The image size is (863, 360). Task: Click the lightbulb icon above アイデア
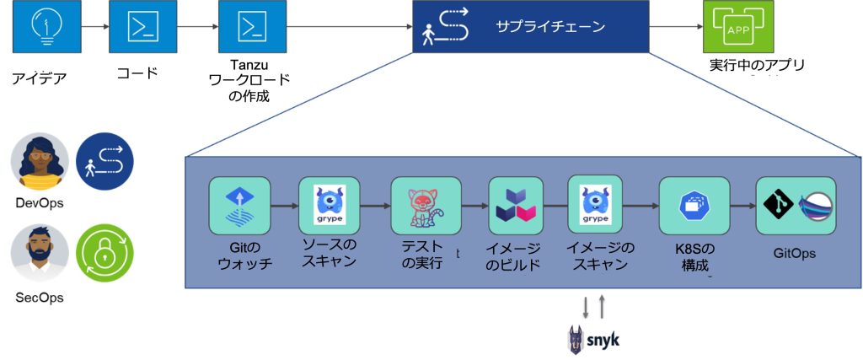click(x=40, y=26)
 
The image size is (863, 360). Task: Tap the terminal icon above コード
click(x=137, y=26)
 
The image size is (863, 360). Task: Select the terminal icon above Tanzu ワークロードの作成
click(x=247, y=26)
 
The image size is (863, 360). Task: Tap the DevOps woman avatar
click(x=39, y=161)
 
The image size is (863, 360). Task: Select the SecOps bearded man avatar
click(x=39, y=252)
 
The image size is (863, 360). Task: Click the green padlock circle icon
click(x=105, y=252)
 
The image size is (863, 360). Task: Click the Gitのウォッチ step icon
click(x=239, y=206)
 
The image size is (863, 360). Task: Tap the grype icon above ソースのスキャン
click(x=329, y=206)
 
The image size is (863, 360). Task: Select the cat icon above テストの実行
click(x=425, y=206)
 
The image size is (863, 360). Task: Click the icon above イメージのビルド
click(x=515, y=206)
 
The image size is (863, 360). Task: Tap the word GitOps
click(x=795, y=253)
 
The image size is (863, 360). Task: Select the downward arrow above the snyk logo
click(x=585, y=307)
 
